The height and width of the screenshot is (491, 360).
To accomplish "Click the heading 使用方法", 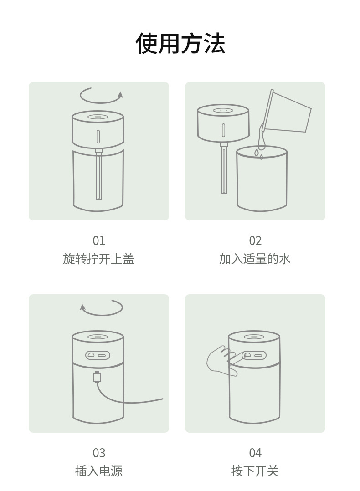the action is [180, 43].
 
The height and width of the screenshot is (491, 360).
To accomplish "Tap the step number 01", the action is [99, 241].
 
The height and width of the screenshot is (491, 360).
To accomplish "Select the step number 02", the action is [255, 241].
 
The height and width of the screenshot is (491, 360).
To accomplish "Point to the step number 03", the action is [99, 453].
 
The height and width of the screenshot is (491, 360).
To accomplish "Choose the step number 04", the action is [255, 453].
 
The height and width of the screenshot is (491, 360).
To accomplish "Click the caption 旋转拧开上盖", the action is [99, 259].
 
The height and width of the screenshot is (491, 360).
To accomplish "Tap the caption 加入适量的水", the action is [255, 259].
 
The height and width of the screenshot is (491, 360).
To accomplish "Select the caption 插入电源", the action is [99, 471].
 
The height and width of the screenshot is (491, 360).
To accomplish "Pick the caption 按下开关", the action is [255, 471].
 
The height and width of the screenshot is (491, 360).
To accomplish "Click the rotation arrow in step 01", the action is [101, 102].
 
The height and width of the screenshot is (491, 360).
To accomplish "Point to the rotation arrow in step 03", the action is [101, 314].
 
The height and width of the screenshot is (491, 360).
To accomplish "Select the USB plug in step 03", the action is [98, 376].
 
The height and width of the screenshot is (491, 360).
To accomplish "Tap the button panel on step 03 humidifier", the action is [98, 355].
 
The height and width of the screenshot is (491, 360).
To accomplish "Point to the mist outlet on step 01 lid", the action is [98, 117].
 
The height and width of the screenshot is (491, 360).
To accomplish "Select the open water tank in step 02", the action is [262, 179].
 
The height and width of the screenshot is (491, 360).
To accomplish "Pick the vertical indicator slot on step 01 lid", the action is [98, 137].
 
